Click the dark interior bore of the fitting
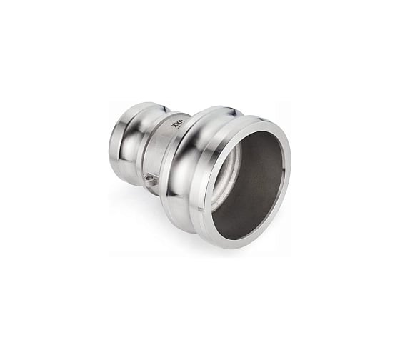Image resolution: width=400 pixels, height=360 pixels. (250, 179)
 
